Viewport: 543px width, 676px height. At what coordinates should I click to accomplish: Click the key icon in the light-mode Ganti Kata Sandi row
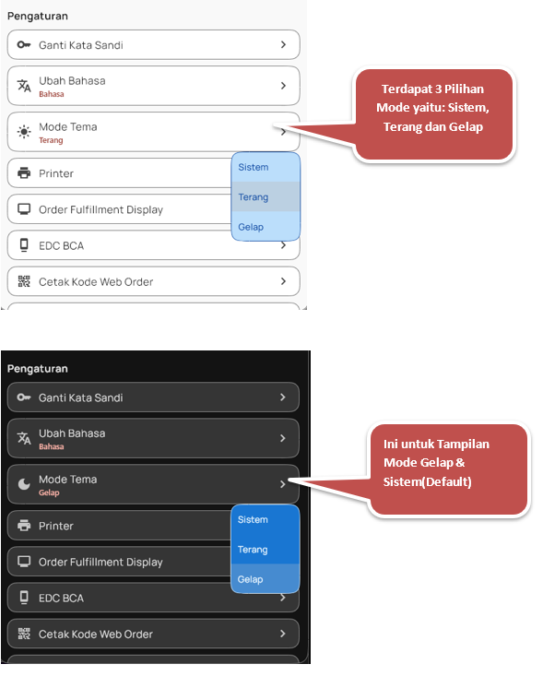tap(24, 44)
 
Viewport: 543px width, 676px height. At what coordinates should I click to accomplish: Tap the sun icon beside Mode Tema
tap(24, 132)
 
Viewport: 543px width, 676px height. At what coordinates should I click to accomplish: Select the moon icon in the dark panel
tap(24, 484)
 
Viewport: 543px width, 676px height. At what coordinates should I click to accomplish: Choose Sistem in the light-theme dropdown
tap(254, 167)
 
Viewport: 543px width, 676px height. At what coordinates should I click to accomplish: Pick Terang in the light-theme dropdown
tap(254, 197)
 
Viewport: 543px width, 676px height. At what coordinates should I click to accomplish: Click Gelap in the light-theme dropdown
tap(251, 227)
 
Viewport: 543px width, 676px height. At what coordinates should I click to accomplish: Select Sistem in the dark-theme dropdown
tap(253, 520)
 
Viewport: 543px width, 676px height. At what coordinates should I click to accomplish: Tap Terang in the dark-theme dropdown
tap(253, 550)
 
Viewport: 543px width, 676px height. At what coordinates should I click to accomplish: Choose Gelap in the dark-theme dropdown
tap(251, 579)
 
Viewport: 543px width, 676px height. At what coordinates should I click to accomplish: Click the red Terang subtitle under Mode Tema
tap(51, 140)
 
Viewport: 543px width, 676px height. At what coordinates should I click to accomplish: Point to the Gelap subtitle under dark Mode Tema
tap(49, 492)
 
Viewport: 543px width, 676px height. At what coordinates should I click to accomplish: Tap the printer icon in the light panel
tap(24, 172)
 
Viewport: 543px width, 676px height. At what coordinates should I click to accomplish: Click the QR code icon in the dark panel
tap(24, 634)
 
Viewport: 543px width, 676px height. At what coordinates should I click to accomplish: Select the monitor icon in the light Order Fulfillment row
tap(24, 209)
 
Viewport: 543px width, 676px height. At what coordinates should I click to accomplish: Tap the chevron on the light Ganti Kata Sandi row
tap(283, 44)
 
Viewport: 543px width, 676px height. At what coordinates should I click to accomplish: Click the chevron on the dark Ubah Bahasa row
tap(283, 438)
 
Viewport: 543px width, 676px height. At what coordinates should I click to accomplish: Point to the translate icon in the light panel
tap(24, 86)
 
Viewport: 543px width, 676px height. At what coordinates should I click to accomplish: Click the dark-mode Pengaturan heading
tap(38, 369)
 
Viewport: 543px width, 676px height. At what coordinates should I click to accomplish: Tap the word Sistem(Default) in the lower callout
tap(428, 481)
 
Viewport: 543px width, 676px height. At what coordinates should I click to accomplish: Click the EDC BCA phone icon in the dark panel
tap(24, 597)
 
